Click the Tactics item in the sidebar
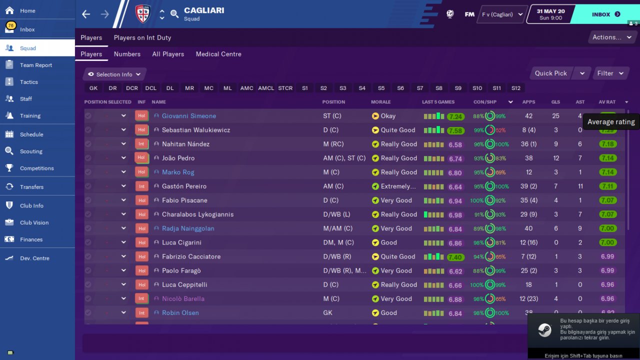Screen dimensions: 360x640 click(29, 82)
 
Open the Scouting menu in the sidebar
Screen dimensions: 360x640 click(31, 151)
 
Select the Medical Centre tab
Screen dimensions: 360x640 click(218, 54)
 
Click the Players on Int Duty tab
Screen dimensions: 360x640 click(142, 37)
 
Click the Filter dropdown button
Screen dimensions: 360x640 click(610, 73)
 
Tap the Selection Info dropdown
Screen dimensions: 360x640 click(114, 74)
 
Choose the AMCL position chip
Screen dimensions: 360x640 click(266, 88)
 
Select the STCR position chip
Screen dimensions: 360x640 click(285, 88)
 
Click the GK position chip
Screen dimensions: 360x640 click(93, 88)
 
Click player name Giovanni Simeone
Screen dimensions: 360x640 click(189, 116)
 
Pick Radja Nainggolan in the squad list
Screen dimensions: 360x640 click(188, 228)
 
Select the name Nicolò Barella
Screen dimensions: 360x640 click(183, 299)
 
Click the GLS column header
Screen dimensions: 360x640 click(555, 102)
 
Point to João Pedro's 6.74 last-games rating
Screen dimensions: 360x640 click(455, 158)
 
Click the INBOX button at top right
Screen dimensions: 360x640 click(606, 14)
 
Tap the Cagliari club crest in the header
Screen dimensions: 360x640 click(143, 14)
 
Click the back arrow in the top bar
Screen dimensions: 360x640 click(86, 14)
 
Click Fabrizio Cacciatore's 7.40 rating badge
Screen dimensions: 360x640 click(455, 257)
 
